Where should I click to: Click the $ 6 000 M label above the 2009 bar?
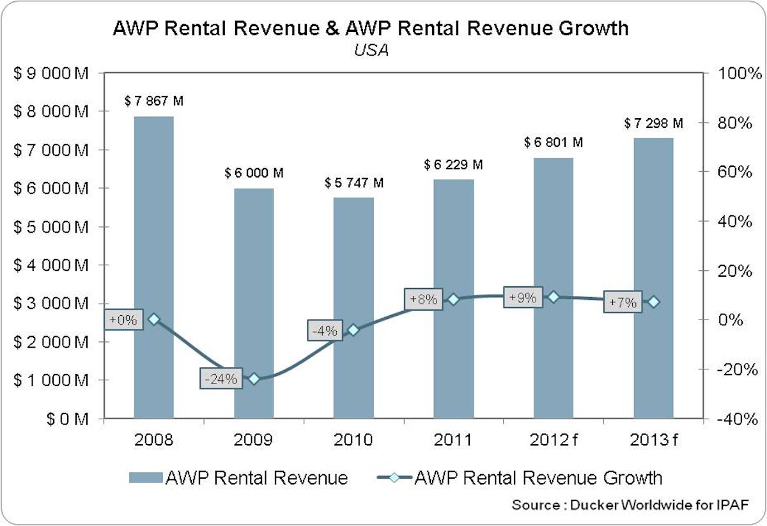point(254,173)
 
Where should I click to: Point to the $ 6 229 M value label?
point(453,165)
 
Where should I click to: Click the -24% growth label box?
point(221,378)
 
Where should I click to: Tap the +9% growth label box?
point(523,298)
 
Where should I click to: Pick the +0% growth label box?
point(123,320)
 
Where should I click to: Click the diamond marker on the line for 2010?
point(353,330)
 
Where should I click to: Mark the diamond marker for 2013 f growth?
point(653,302)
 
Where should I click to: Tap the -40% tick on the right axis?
point(736,419)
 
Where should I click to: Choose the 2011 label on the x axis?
point(453,440)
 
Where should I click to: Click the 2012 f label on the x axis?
point(554,440)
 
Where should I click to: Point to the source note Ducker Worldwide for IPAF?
point(630,505)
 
